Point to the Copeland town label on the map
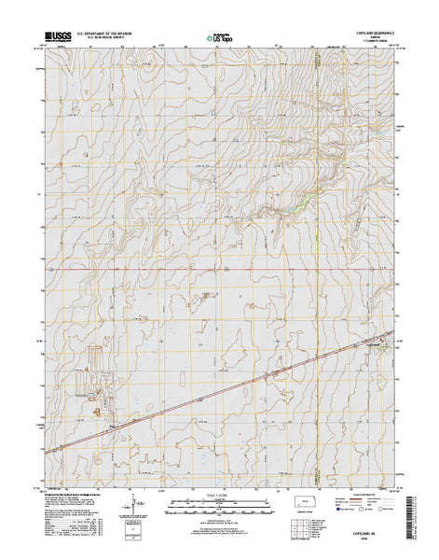tap(372, 343)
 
